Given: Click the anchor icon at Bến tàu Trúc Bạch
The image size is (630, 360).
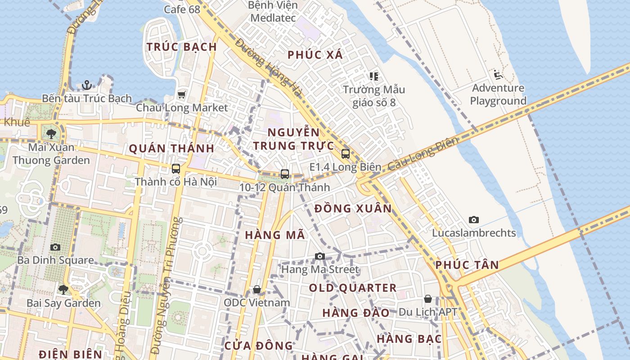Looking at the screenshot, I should click(86, 85).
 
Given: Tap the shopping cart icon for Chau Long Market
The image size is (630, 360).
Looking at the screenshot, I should click(181, 94).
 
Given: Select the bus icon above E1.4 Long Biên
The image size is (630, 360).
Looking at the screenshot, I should click(345, 154).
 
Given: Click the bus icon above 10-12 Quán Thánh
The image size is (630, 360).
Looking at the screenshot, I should click(284, 174).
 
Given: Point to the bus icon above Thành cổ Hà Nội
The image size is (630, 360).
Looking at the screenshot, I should click(175, 169).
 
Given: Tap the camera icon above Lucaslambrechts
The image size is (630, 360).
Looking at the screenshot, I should click(473, 220).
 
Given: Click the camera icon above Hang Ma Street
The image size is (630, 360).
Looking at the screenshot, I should click(319, 256).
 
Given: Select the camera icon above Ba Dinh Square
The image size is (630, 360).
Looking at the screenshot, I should click(55, 247).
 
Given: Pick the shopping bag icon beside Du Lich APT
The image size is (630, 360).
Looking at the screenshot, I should click(427, 299).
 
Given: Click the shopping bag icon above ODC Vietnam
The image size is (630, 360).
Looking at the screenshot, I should click(256, 289).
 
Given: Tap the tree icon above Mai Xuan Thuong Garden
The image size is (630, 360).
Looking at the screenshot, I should click(51, 134).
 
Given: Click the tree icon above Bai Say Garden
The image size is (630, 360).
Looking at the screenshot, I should click(63, 289).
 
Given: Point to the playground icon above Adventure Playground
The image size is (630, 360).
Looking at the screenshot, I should click(497, 74).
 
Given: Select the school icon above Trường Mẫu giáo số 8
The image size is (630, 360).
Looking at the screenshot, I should click(373, 76).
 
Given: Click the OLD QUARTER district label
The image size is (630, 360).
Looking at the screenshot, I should click(353, 288).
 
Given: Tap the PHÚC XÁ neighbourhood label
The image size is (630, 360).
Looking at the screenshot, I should click(315, 55).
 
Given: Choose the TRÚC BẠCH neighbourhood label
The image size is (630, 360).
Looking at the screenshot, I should click(182, 47).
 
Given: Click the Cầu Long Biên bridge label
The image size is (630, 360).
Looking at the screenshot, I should click(423, 153).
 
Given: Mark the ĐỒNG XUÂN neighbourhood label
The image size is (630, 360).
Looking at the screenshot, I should click(353, 209).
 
